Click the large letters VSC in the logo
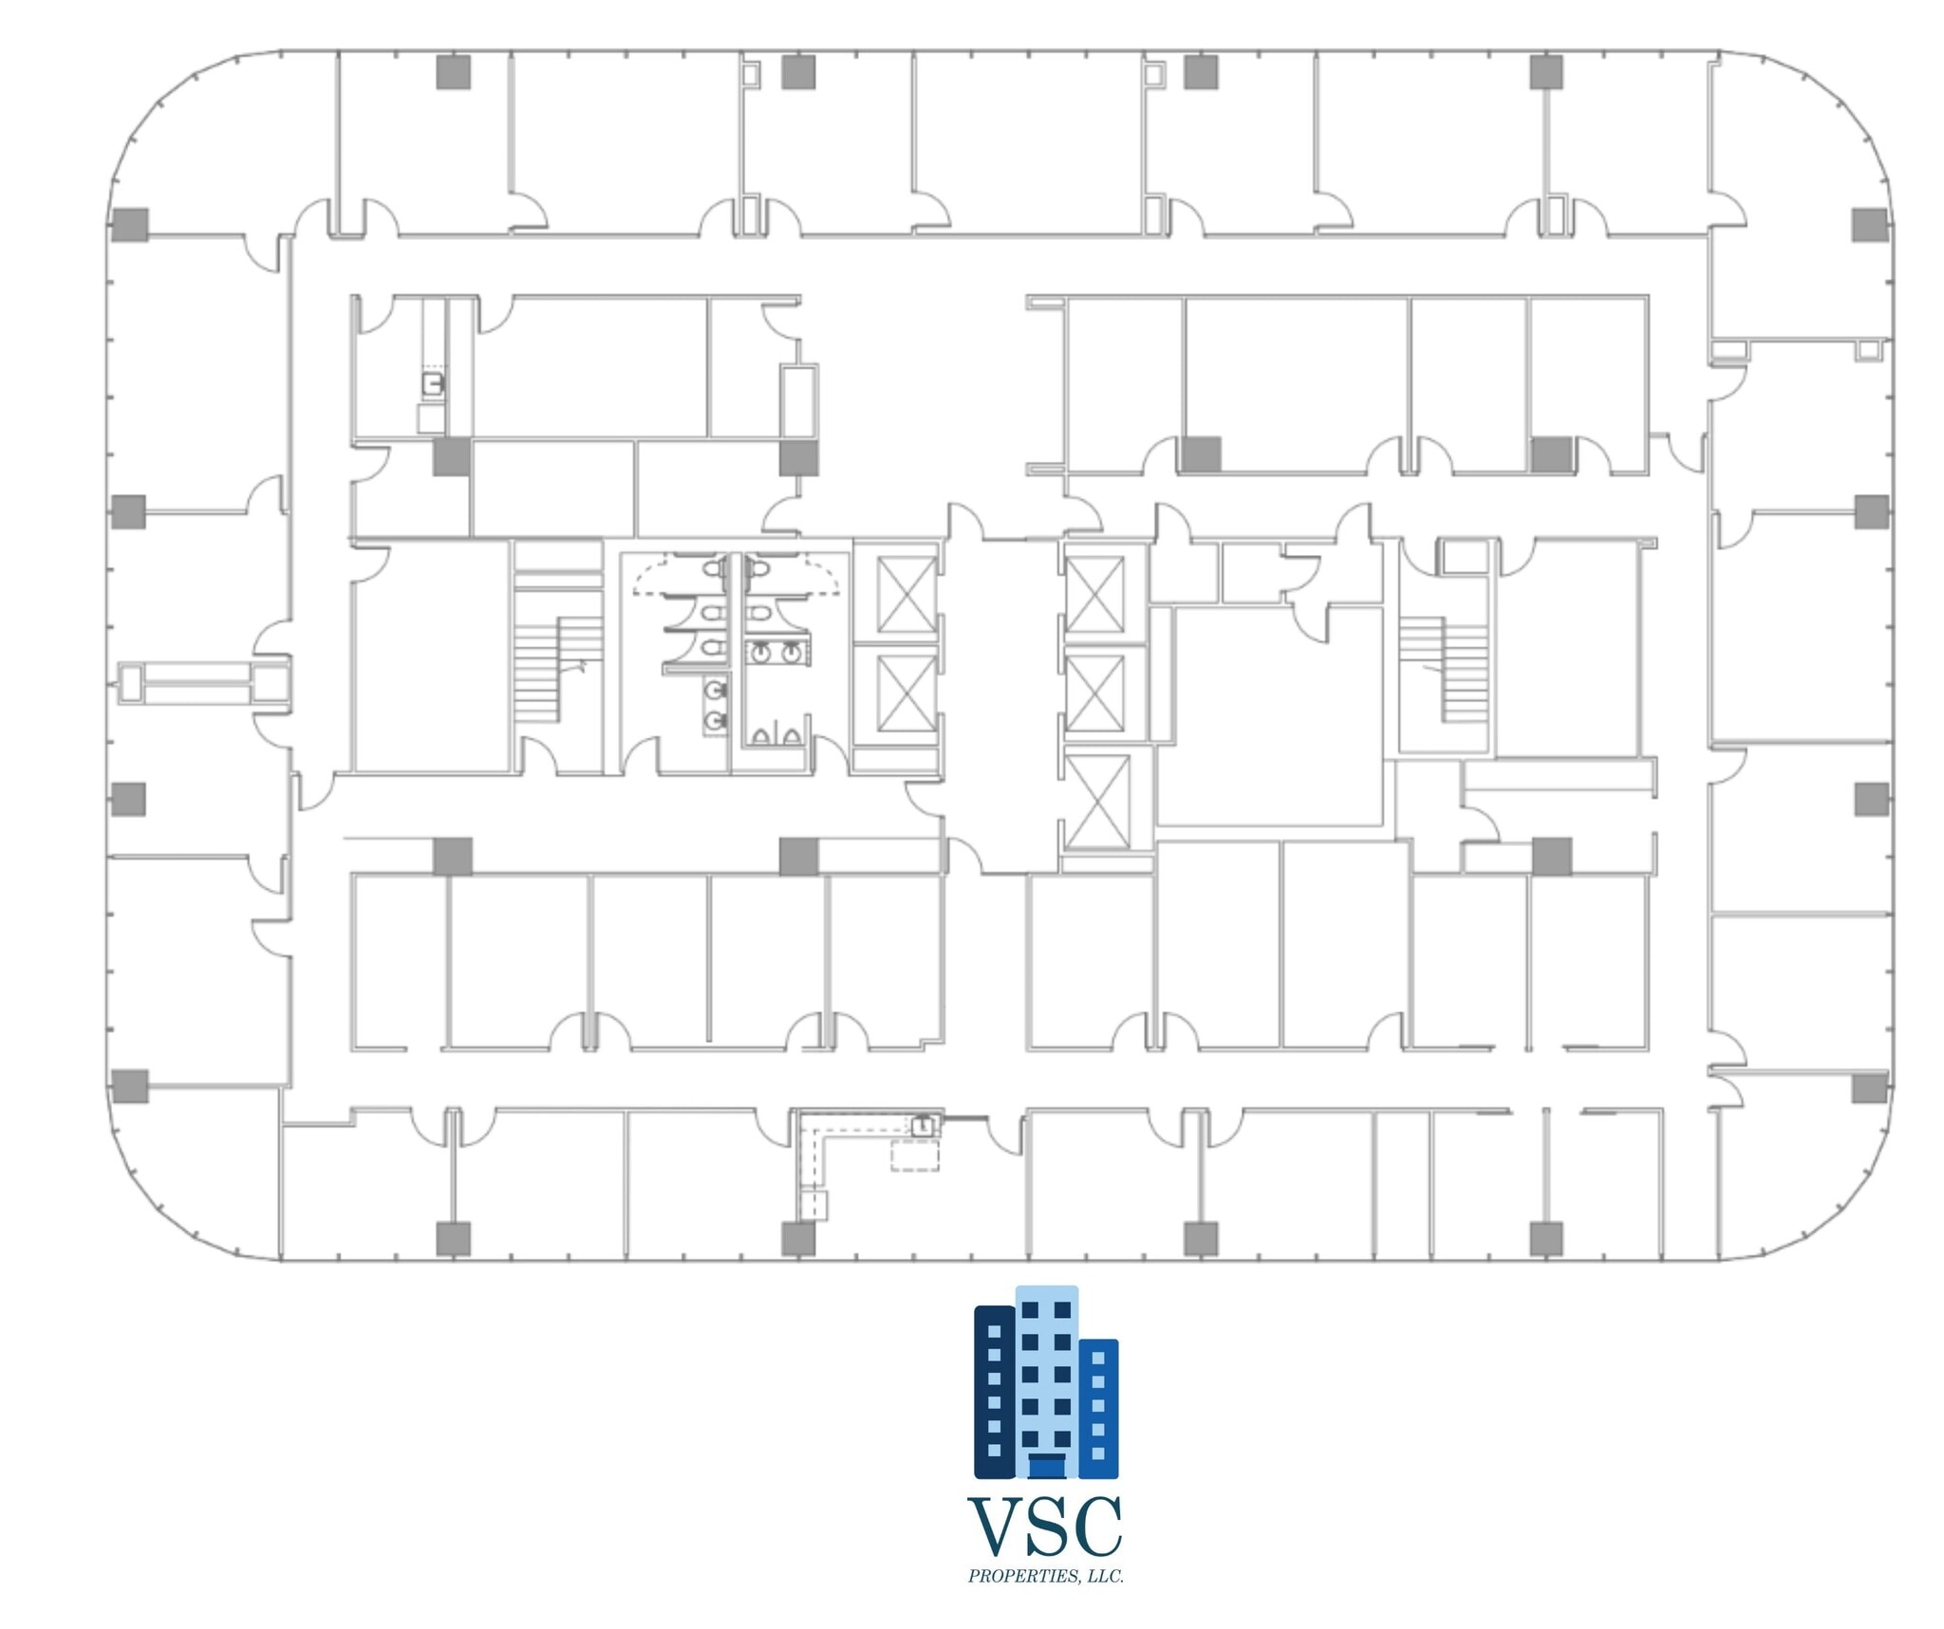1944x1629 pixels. pos(1045,1527)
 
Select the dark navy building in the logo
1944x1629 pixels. pos(995,1391)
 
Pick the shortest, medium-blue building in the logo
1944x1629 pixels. pos(1098,1408)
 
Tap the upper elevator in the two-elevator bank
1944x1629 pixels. pos(907,595)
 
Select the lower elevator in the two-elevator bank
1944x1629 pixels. pos(907,694)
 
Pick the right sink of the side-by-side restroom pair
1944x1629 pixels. pos(791,652)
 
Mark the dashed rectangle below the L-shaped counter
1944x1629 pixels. pos(914,1156)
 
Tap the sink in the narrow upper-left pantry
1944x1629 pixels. pos(434,383)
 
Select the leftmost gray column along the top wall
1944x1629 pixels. pos(454,72)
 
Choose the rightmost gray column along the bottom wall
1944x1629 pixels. pos(1546,1239)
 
